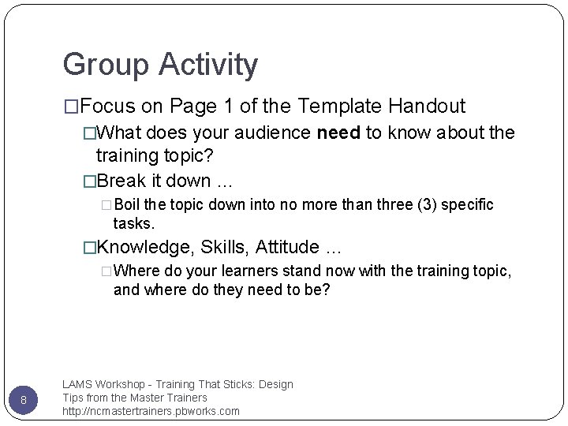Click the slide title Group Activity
(x=160, y=65)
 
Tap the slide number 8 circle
(x=24, y=400)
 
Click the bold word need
(x=338, y=133)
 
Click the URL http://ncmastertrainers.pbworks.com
(x=151, y=411)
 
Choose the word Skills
(x=224, y=248)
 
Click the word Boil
(x=127, y=205)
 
